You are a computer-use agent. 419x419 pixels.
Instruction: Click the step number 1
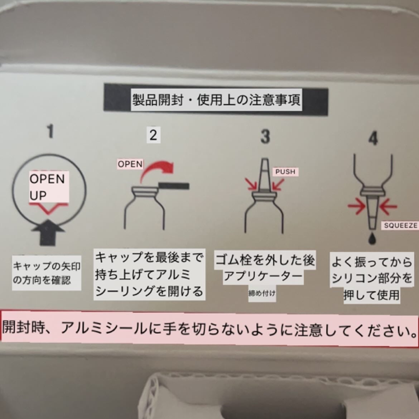(50, 131)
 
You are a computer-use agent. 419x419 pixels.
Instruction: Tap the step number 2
(153, 135)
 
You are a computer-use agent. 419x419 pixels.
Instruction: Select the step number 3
(265, 136)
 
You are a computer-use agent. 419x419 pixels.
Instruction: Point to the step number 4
(373, 139)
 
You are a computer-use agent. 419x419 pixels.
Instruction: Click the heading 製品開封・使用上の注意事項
(216, 100)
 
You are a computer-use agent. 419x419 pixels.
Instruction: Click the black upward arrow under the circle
(48, 232)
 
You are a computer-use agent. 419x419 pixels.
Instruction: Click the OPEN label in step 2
(130, 164)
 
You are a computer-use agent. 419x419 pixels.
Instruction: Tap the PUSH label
(285, 172)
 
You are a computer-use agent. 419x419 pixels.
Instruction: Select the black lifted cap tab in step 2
(174, 186)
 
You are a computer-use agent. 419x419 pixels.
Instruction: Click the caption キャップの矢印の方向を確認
(47, 273)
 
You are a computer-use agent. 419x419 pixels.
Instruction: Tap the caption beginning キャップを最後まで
(149, 274)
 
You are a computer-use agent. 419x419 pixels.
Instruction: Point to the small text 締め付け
(262, 293)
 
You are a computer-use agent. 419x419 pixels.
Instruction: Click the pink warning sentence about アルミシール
(210, 328)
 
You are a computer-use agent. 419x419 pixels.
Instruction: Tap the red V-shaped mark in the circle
(49, 208)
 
